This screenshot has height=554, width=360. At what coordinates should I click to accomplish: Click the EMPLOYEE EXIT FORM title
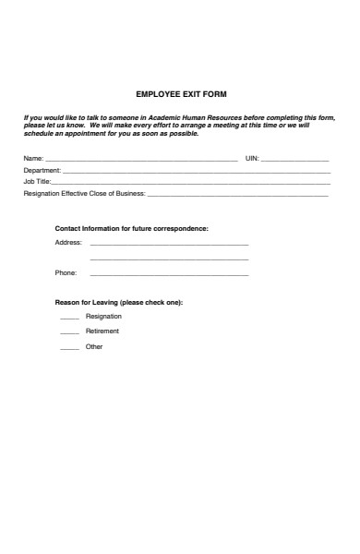(181, 94)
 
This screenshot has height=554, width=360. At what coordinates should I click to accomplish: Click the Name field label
(32, 160)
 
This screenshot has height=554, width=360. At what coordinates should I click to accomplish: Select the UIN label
(251, 160)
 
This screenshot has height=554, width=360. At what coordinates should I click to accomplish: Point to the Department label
(42, 171)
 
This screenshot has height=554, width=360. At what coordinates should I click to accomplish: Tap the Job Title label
(37, 182)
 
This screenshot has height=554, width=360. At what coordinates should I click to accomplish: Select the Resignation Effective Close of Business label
(84, 193)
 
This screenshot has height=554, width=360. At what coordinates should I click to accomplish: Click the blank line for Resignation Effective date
(237, 195)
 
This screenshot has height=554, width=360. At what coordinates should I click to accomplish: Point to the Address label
(68, 243)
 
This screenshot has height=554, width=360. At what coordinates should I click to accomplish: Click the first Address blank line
(169, 245)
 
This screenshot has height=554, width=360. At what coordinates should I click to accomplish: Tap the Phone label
(66, 273)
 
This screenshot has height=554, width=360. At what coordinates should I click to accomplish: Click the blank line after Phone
(169, 275)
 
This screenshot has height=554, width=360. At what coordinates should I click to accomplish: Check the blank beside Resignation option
(69, 318)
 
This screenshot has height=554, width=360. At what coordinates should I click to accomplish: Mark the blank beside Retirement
(69, 332)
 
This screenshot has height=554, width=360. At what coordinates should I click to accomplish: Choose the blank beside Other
(69, 348)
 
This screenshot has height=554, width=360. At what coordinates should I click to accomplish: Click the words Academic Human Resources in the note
(181, 118)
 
